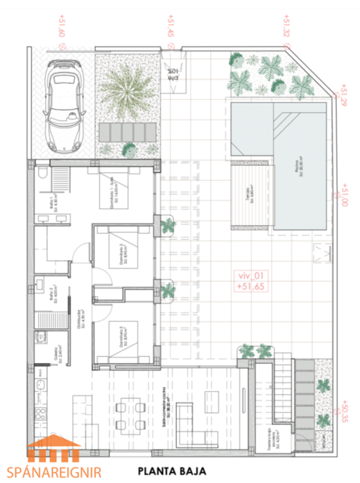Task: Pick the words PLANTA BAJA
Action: pyautogui.click(x=175, y=471)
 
